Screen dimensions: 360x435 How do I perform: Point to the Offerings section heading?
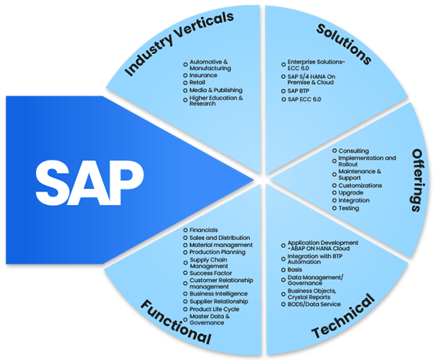tap(417, 181)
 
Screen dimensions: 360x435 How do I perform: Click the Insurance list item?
tap(204, 75)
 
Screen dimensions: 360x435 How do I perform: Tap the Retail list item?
tap(197, 82)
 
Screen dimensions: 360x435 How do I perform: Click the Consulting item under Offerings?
tap(353, 151)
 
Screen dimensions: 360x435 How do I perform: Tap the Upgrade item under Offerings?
tap(352, 193)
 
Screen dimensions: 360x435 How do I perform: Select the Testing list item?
tap(350, 208)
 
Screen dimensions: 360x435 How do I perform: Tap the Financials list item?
tap(203, 230)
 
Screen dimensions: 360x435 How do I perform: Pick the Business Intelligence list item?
tap(218, 293)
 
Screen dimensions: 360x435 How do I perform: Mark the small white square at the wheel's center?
tap(262, 179)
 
